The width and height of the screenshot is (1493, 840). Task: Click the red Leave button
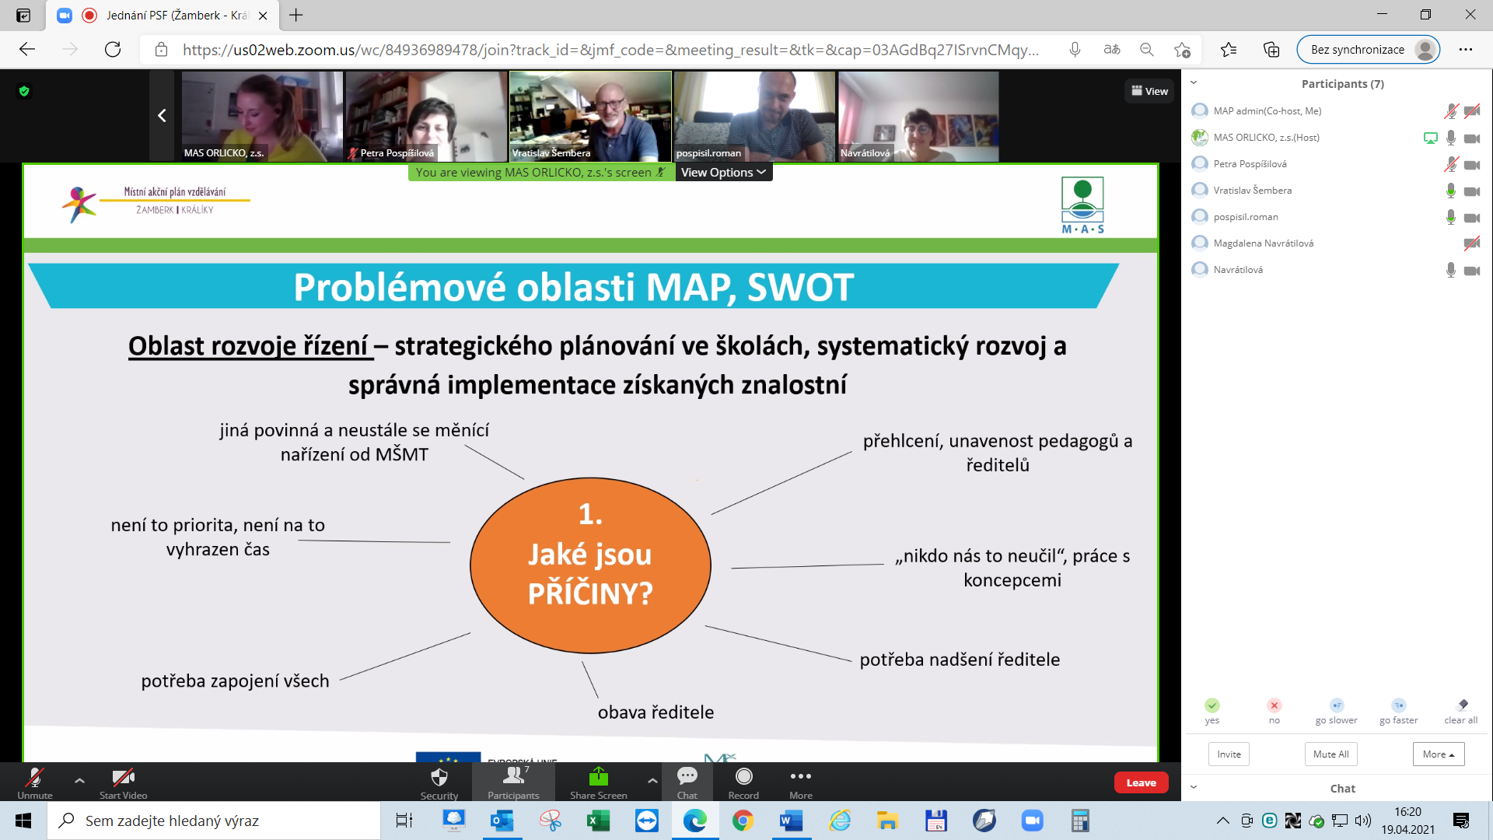pyautogui.click(x=1141, y=782)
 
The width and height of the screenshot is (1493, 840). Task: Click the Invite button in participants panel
pyautogui.click(x=1229, y=754)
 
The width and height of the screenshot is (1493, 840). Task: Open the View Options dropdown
pyautogui.click(x=723, y=173)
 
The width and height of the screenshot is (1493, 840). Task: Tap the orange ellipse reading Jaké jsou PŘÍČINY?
pyautogui.click(x=590, y=565)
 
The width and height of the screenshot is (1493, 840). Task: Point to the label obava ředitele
pyautogui.click(x=656, y=712)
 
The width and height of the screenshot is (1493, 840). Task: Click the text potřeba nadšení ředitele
pyautogui.click(x=960, y=660)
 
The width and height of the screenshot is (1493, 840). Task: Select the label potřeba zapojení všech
pyautogui.click(x=235, y=681)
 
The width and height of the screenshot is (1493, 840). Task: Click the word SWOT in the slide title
pyautogui.click(x=800, y=287)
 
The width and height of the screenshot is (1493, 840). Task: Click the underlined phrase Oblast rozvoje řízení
pyautogui.click(x=248, y=346)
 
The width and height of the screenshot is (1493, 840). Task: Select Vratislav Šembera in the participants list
pyautogui.click(x=1252, y=191)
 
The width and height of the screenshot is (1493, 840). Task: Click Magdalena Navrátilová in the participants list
pyautogui.click(x=1263, y=243)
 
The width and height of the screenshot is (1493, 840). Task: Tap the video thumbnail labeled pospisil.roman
pyautogui.click(x=754, y=116)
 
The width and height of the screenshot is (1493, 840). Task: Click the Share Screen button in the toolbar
pyautogui.click(x=598, y=782)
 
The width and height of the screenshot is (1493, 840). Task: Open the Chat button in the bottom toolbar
pyautogui.click(x=687, y=782)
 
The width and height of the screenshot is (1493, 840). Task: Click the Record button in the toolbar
pyautogui.click(x=743, y=782)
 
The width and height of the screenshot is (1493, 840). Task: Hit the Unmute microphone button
pyautogui.click(x=35, y=782)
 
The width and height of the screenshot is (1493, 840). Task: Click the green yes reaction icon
pyautogui.click(x=1212, y=705)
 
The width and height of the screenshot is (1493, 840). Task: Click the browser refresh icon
pyautogui.click(x=113, y=50)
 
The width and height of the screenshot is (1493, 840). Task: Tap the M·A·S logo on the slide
pyautogui.click(x=1082, y=205)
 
